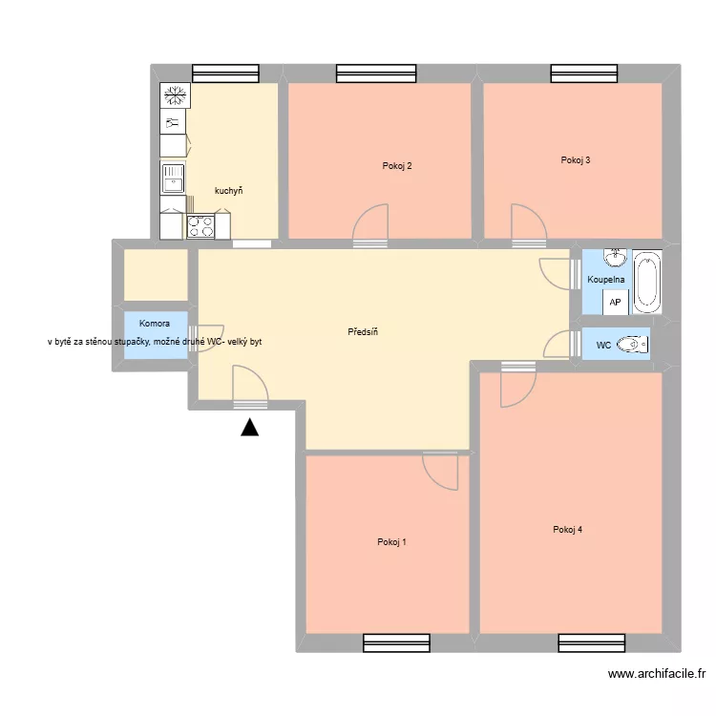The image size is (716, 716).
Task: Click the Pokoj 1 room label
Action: (391, 542)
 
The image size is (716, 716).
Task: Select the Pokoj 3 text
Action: (575, 159)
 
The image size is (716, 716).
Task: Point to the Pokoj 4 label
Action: (567, 530)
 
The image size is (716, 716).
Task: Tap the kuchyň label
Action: (228, 191)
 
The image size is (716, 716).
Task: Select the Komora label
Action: (154, 324)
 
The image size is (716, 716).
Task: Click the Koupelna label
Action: (606, 280)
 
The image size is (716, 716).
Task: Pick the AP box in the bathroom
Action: (615, 303)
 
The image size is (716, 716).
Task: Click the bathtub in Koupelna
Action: (648, 281)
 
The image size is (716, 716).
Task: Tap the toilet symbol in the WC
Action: (631, 345)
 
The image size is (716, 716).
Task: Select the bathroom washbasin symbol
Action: (615, 258)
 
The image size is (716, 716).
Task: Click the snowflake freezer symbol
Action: (174, 95)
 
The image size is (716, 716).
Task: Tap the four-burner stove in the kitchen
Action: (200, 226)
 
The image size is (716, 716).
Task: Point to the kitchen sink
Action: (173, 179)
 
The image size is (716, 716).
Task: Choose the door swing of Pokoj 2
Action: (371, 226)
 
